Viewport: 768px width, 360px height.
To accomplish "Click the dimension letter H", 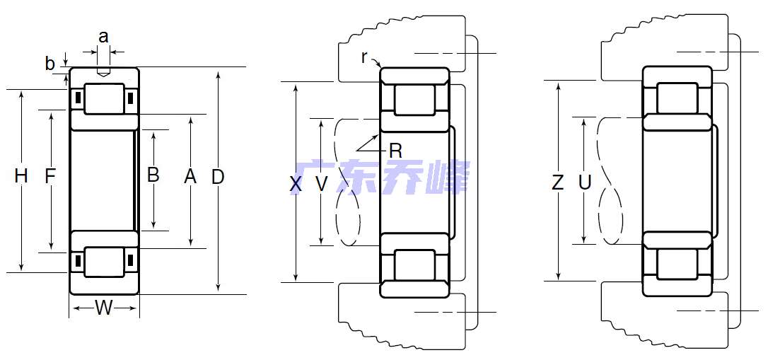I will [x=21, y=177].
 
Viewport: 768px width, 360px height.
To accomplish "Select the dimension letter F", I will [x=50, y=177].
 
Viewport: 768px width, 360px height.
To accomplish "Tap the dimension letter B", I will [x=153, y=175].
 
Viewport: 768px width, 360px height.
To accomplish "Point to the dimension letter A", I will [x=190, y=177].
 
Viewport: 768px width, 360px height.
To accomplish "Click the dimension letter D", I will [x=218, y=177].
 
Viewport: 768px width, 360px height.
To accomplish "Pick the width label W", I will [x=104, y=308].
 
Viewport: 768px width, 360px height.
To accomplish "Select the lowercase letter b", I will [x=50, y=64].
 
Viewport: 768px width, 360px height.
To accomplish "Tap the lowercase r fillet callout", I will [x=364, y=57].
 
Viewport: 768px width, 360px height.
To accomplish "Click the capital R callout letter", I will [x=395, y=150].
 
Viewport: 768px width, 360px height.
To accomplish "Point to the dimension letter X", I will [x=296, y=185].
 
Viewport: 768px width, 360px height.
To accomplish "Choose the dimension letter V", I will [x=322, y=185].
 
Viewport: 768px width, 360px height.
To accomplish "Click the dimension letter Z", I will [x=558, y=183].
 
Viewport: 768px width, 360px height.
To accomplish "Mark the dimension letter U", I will [x=585, y=183].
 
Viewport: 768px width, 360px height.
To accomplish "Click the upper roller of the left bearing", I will [x=104, y=98].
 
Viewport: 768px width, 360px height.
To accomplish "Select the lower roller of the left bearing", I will [x=104, y=262].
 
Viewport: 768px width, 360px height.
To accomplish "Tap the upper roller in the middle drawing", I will [x=414, y=99].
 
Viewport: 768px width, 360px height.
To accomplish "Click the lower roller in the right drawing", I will [x=677, y=263].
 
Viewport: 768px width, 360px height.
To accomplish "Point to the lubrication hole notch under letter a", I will [x=104, y=71].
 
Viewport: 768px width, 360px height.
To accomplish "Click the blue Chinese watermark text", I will [x=382, y=178].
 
